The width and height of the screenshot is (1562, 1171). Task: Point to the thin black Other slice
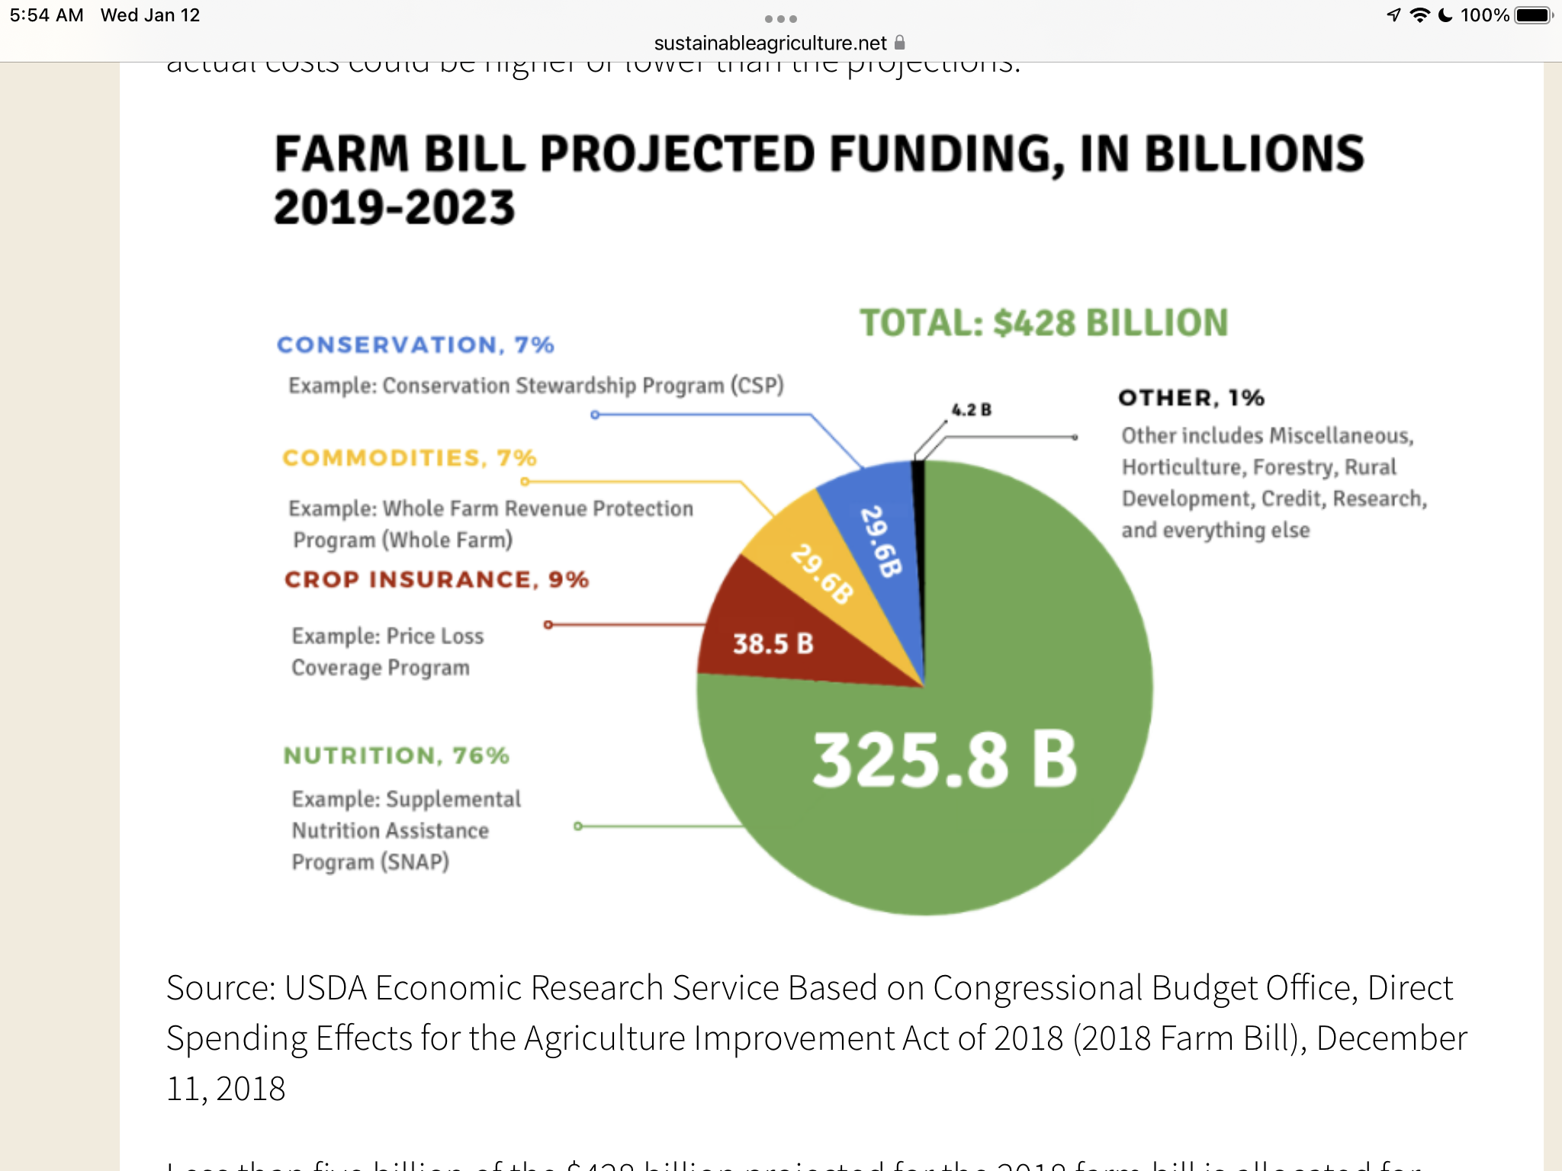coord(919,534)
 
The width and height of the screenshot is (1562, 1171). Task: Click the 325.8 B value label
coord(944,760)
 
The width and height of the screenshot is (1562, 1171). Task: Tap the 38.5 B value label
coord(773,644)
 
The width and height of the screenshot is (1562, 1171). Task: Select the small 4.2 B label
coord(971,410)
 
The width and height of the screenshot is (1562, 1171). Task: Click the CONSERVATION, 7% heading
coord(415,345)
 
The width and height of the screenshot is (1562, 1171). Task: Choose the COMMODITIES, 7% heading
coord(410,458)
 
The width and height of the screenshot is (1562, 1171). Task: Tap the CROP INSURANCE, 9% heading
coord(436,580)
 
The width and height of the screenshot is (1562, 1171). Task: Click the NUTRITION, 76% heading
coord(396,756)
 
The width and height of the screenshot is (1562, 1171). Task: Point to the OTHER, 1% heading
coord(1191,398)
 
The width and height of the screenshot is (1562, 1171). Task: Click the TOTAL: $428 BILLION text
coord(1043,323)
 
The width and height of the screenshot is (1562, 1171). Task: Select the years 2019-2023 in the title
coord(394,208)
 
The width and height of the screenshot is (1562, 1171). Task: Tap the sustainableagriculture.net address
coord(770,43)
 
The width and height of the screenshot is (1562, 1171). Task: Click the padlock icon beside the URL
coord(900,43)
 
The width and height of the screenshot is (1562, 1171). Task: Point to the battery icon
coord(1533,15)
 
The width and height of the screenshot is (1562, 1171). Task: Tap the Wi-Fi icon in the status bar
coord(1419,15)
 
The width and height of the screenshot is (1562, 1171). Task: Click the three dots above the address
coord(781,18)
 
